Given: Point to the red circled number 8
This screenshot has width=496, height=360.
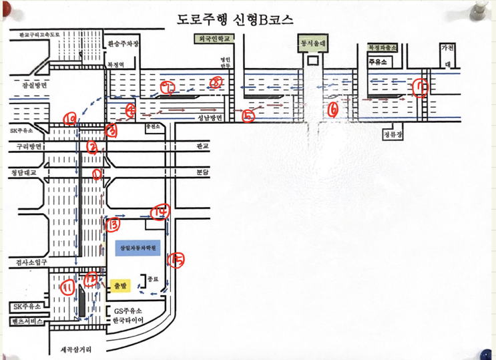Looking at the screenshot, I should click(x=216, y=82).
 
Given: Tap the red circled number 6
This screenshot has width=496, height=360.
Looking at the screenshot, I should click(x=334, y=107).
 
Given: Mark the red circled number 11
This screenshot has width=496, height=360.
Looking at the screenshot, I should click(x=68, y=288).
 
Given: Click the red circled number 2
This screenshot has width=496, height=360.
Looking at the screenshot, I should click(x=92, y=146).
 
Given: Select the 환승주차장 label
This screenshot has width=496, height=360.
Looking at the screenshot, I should click(x=123, y=44).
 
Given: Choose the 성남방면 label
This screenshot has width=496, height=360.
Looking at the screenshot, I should click(x=209, y=118).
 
